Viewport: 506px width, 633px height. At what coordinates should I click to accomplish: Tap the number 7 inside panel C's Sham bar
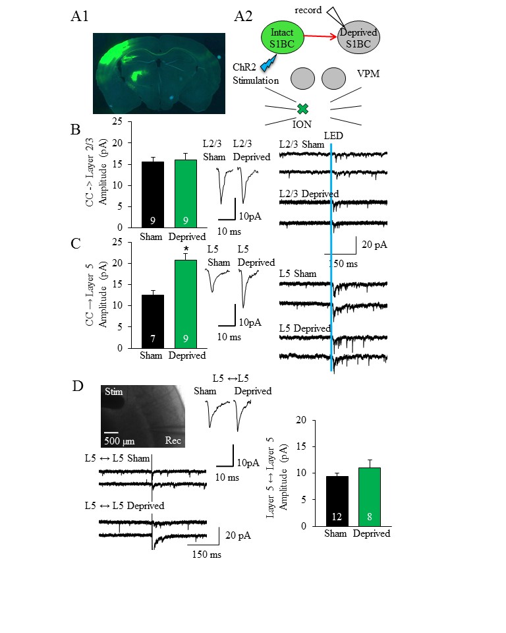point(153,339)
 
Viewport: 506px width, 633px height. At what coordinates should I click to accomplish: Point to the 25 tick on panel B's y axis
point(118,121)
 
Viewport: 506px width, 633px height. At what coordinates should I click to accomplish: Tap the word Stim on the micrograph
point(112,392)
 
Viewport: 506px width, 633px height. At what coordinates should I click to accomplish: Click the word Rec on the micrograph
point(174,440)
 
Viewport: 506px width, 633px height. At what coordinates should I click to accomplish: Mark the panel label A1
point(79,17)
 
